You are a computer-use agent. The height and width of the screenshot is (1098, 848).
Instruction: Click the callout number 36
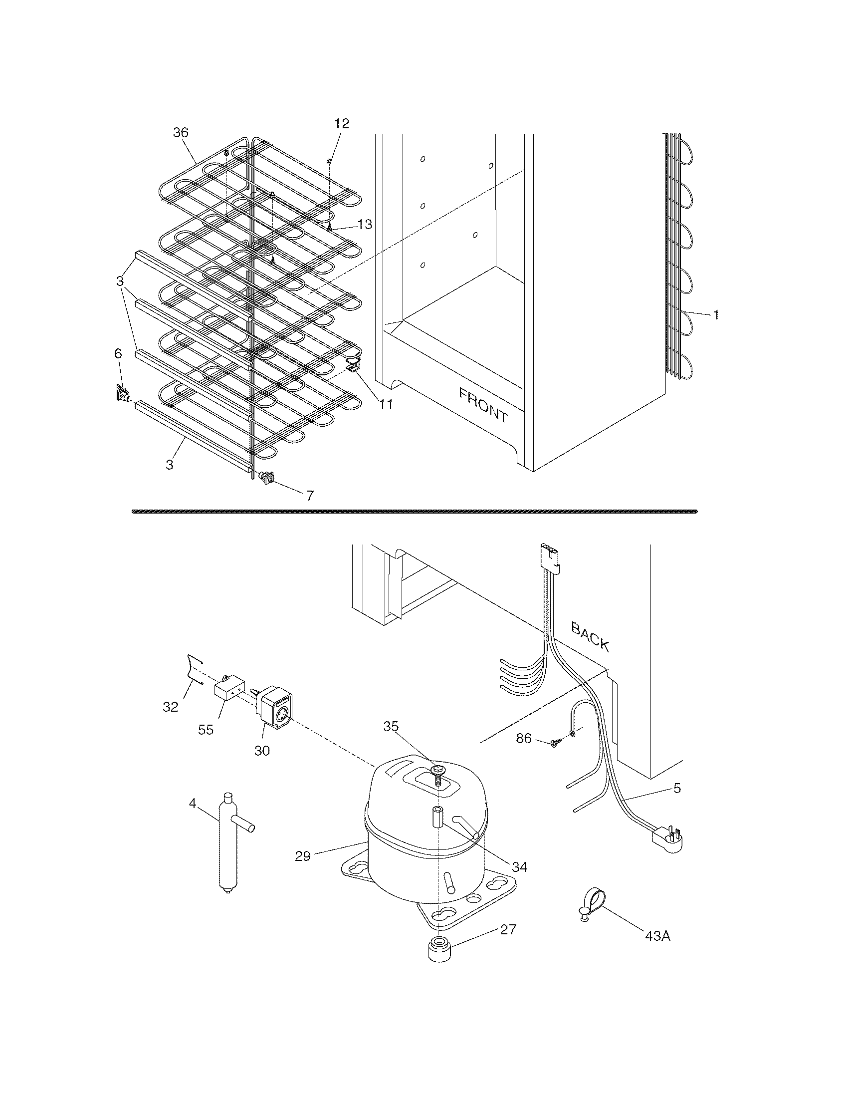pyautogui.click(x=181, y=133)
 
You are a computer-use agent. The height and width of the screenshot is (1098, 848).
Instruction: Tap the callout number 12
pyautogui.click(x=342, y=124)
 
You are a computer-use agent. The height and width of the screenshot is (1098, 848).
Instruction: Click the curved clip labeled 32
pyautogui.click(x=193, y=668)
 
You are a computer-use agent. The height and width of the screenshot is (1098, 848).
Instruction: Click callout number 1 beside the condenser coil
pyautogui.click(x=716, y=315)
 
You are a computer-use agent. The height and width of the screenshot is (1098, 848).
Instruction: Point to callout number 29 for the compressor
pyautogui.click(x=303, y=855)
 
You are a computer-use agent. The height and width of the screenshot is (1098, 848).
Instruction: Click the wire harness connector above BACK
pyautogui.click(x=550, y=556)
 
